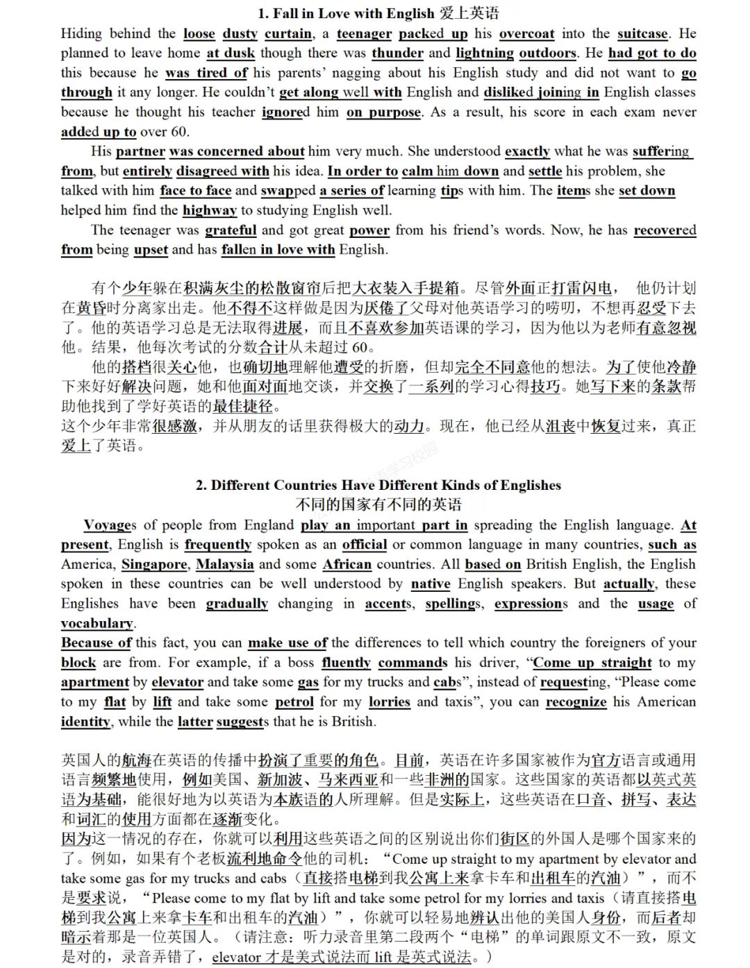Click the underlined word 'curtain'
289,34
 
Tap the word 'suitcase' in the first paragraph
643,34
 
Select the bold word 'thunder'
397,53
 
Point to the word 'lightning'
485,53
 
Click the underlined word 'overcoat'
526,34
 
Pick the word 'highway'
210,210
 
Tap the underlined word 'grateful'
231,230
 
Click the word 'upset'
151,250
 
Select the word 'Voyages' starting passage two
110,525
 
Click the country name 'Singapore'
154,565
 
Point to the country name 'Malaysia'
224,565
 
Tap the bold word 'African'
347,565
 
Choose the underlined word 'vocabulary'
97,623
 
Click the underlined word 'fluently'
346,663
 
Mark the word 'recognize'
576,702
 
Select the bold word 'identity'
85,722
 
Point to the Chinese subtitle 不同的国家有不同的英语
378,504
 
